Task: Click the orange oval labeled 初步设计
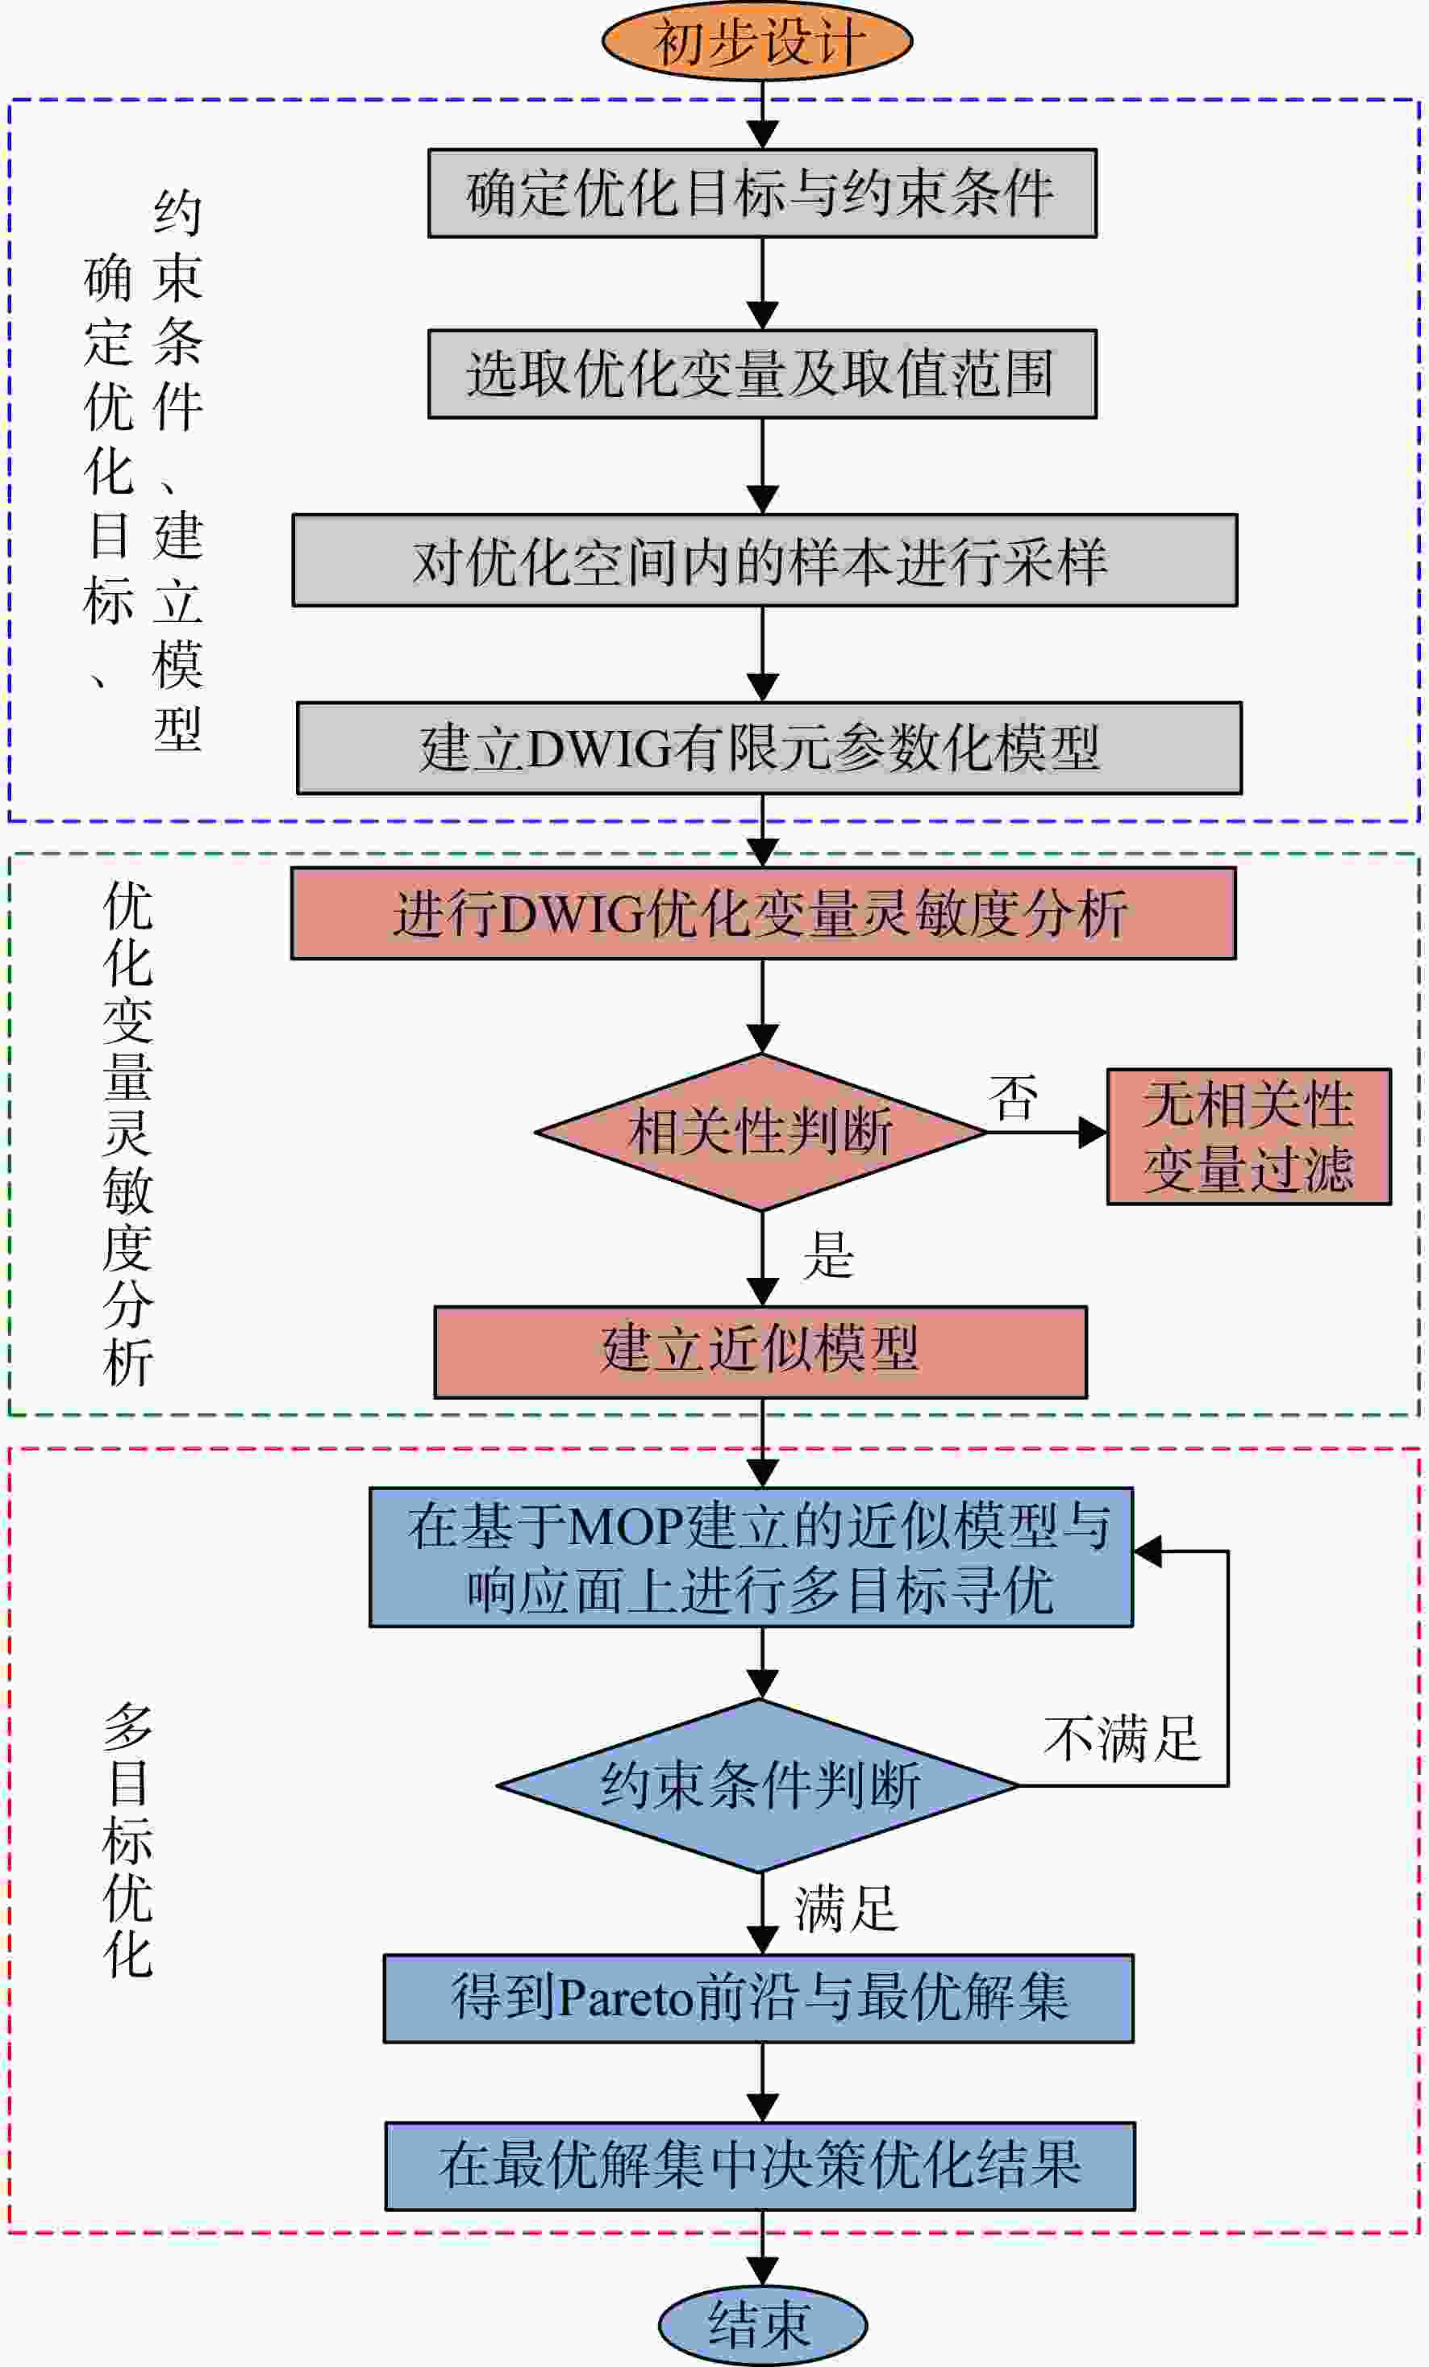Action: click(756, 40)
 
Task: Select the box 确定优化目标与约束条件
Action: click(763, 193)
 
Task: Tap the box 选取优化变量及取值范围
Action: click(763, 374)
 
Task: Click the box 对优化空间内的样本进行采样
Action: click(764, 560)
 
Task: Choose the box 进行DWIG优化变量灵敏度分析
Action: click(764, 913)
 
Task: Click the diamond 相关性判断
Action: click(761, 1132)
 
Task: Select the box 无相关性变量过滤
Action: click(1249, 1137)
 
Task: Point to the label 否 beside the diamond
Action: click(1013, 1098)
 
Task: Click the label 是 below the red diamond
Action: click(829, 1254)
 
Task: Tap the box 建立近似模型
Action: click(760, 1351)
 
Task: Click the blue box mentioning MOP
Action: click(751, 1557)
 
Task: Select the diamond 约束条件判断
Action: click(759, 1786)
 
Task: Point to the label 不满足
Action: click(1122, 1739)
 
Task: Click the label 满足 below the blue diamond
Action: click(846, 1908)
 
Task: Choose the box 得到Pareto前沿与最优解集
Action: click(759, 1998)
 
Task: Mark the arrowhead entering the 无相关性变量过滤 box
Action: click(1093, 1133)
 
